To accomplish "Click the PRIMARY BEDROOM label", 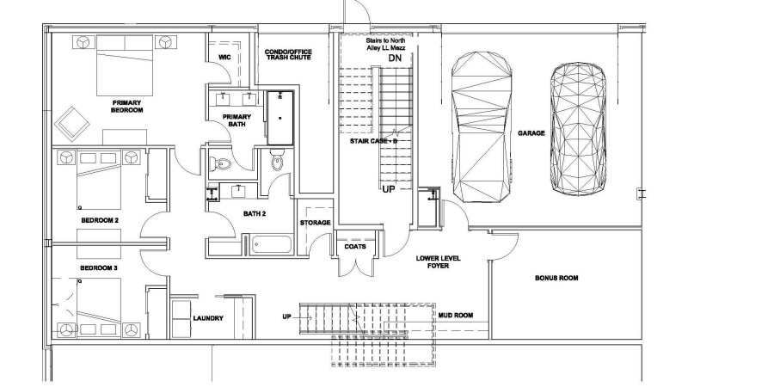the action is coord(127,107).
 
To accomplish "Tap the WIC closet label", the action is coord(224,58).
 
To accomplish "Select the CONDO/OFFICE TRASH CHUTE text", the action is coord(288,54).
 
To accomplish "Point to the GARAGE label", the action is coord(531,133).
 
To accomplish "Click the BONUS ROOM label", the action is coord(556,278).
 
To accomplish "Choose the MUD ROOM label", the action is coord(456,316).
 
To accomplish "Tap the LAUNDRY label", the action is coord(208,318).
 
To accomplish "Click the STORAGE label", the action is coord(316,223).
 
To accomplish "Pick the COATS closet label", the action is coord(355,246).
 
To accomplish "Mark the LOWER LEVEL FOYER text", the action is coord(439,261).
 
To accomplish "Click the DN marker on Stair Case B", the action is coord(395,58).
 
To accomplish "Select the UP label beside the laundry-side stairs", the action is coord(286,316).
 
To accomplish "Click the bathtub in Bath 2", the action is coord(271,244).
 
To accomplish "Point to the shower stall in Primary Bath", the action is coord(280,118).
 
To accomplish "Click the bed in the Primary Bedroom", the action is coord(125,65).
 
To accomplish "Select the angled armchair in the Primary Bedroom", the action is coord(72,123).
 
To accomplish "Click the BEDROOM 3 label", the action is coord(99,268).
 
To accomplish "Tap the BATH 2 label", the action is coord(255,214).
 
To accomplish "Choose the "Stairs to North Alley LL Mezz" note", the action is coord(386,44).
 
